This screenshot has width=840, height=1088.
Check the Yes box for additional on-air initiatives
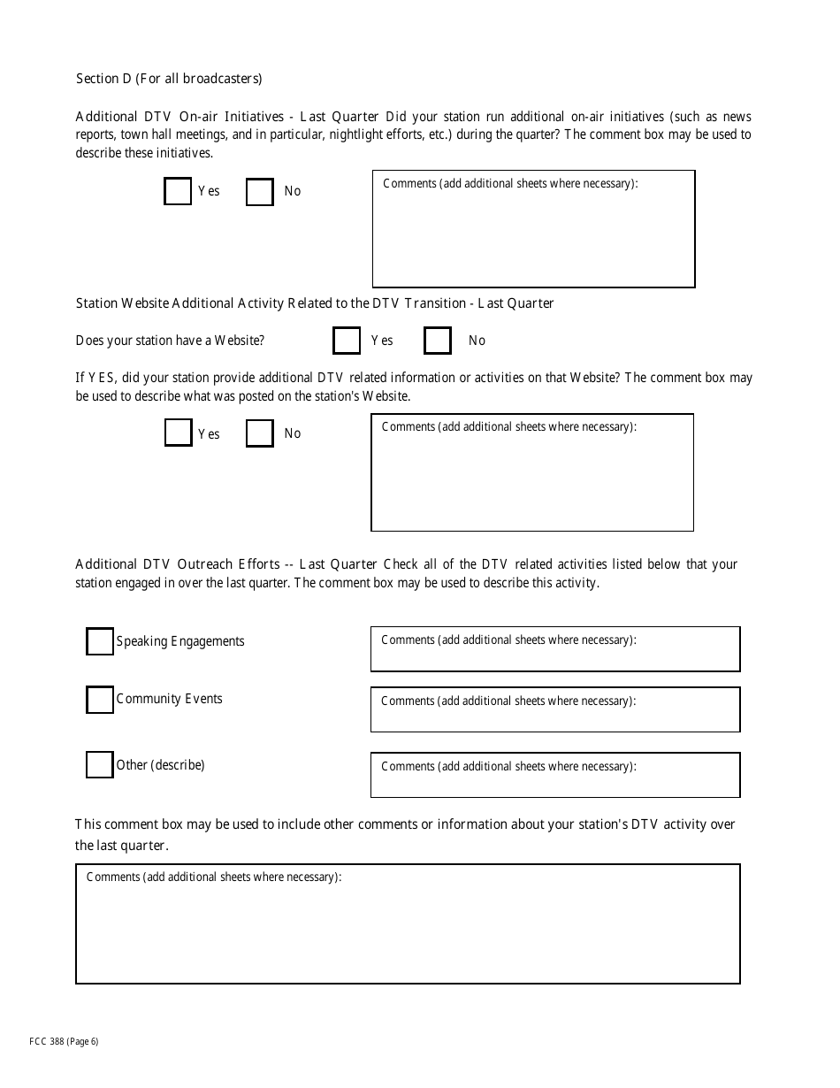(x=178, y=191)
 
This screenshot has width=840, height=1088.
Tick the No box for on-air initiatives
(x=259, y=192)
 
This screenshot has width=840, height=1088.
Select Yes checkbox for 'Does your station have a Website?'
(x=347, y=341)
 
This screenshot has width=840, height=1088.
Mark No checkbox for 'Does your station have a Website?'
(x=438, y=341)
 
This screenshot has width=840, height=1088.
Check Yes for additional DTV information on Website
(x=178, y=433)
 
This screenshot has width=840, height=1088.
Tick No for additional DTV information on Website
(x=259, y=433)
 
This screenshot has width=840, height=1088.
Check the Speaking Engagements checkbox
(x=100, y=641)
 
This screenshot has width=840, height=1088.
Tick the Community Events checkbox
(x=100, y=699)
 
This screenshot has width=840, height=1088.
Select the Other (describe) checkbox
(x=100, y=764)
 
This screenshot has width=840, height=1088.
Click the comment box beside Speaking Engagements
(x=554, y=655)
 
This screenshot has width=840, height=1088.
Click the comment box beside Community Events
(x=554, y=715)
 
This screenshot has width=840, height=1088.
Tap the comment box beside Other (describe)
(x=554, y=780)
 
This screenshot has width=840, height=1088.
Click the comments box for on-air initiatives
(x=533, y=234)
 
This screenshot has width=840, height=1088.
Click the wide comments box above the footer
(x=408, y=929)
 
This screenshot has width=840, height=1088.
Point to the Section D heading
(x=169, y=79)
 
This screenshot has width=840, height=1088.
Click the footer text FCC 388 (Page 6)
(x=64, y=1041)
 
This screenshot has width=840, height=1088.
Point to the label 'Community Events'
(x=170, y=699)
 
